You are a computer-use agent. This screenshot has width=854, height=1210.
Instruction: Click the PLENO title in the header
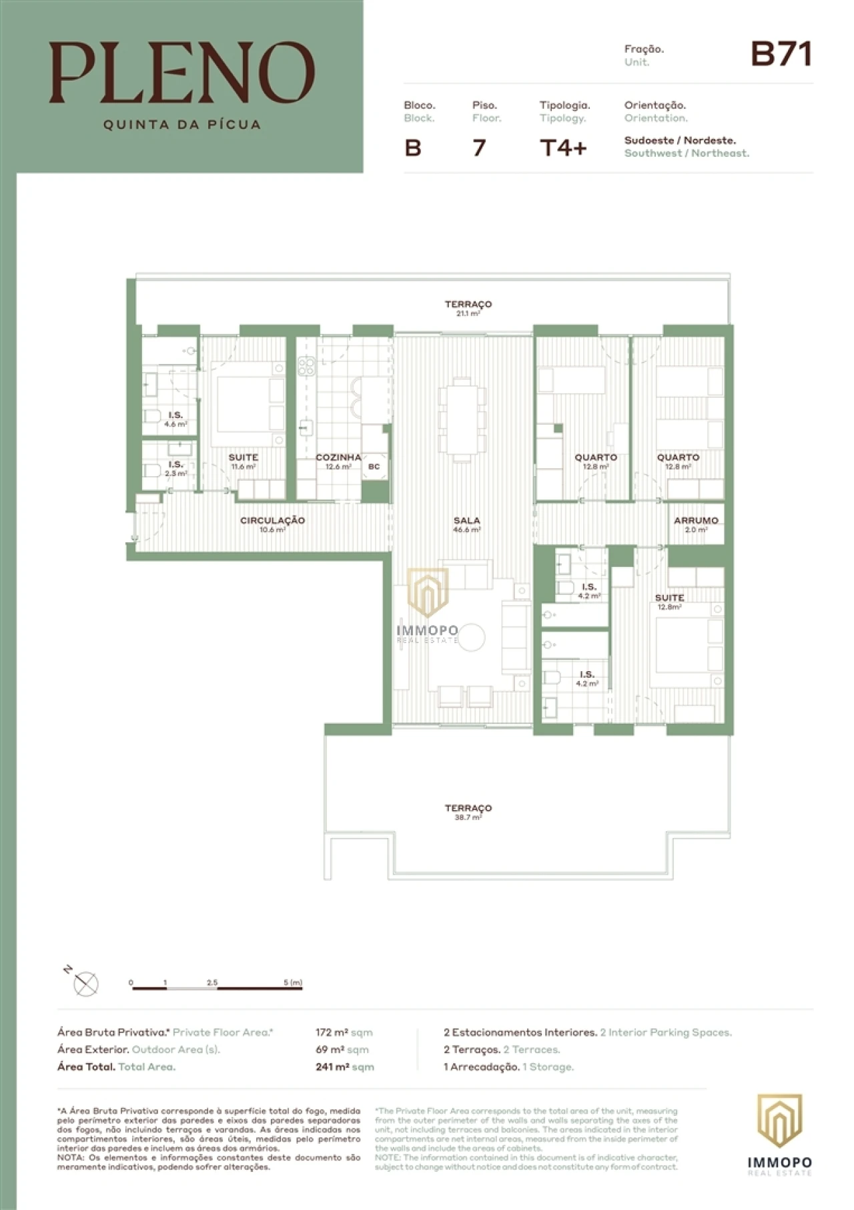coord(181,72)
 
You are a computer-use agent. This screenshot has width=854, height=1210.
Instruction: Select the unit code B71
coord(781,54)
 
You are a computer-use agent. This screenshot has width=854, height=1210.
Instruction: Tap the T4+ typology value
coord(563,148)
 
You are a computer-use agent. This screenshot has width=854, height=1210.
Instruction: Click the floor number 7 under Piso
coord(478,148)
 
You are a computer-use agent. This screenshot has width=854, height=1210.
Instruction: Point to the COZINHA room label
coord(338,458)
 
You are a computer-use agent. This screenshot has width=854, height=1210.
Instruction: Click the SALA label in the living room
coord(466,521)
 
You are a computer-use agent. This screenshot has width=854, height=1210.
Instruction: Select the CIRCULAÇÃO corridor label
coord(272,521)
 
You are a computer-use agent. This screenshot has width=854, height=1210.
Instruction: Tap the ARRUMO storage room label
coord(695,521)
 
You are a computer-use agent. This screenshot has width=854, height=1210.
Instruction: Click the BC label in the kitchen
coord(374,467)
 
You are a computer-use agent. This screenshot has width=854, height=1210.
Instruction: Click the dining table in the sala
coord(461,419)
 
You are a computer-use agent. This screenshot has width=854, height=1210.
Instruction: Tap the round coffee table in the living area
coord(471,637)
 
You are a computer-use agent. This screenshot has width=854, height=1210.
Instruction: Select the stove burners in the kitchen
coord(306,366)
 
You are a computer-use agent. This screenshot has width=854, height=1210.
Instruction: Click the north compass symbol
coord(85,984)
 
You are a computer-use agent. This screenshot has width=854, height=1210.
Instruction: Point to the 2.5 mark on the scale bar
coord(212,983)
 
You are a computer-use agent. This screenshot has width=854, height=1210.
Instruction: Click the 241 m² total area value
coord(332,1067)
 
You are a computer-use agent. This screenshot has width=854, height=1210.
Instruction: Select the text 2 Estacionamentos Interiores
coord(520,1032)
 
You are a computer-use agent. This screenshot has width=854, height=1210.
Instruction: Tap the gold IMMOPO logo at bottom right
coord(779,1121)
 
